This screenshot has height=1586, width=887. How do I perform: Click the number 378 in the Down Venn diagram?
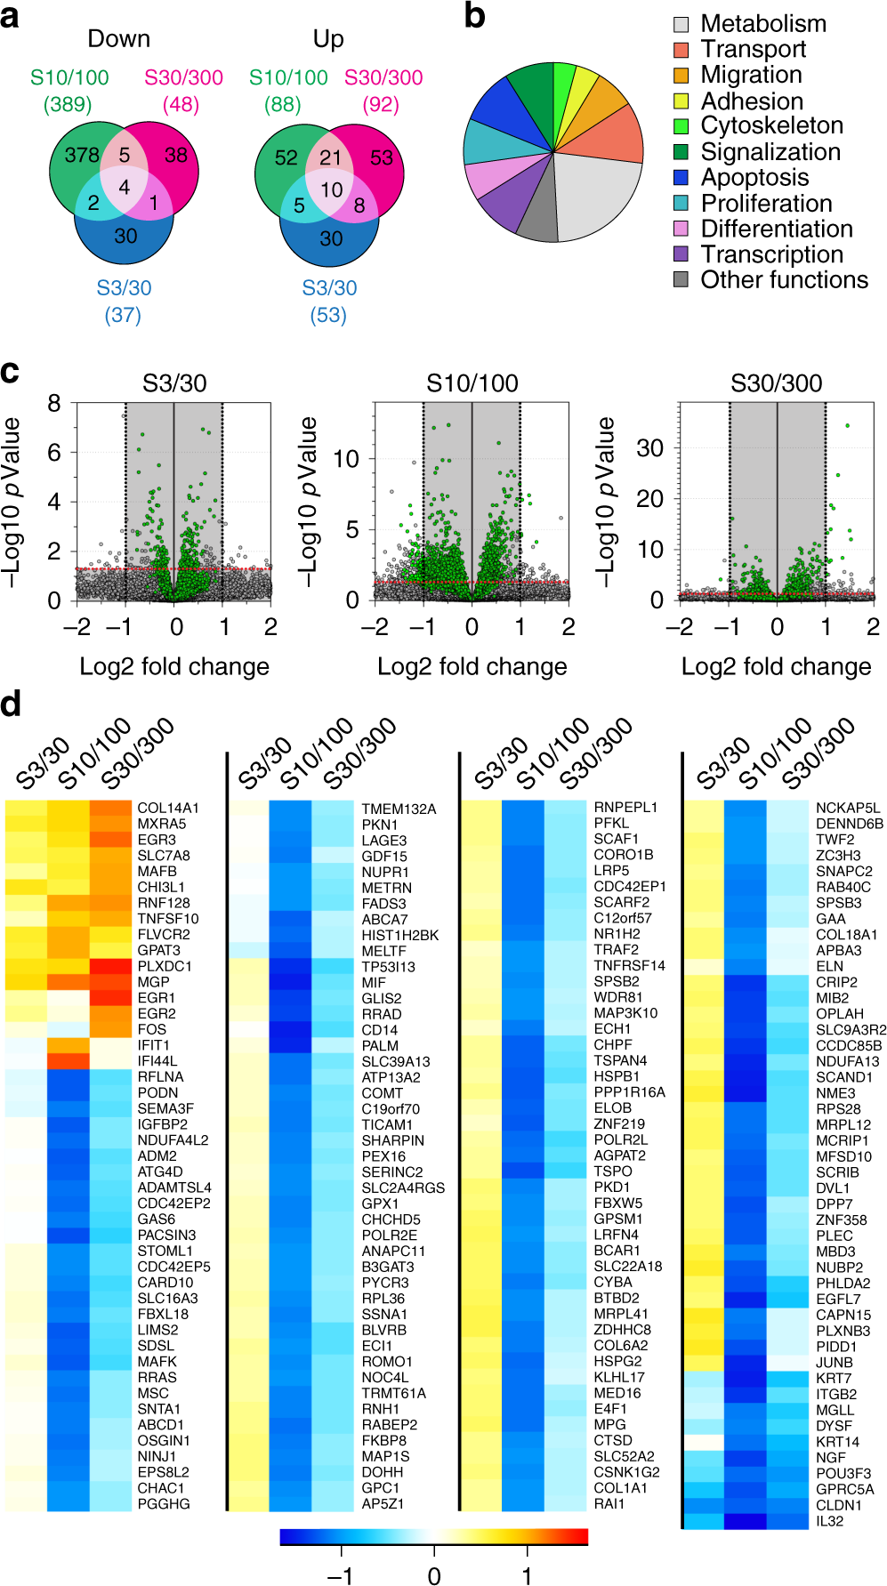pos(82,156)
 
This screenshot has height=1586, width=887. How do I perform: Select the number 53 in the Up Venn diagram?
pos(382,158)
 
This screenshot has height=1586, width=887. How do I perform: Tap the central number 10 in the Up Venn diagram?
pos(332,189)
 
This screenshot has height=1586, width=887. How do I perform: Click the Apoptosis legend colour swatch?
pos(681,178)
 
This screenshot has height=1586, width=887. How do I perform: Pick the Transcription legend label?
pos(771,254)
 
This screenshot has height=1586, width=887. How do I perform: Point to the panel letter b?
pos(475,16)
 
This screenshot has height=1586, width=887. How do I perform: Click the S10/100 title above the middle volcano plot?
pos(472,383)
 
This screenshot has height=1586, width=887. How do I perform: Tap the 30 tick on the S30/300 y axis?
pos(649,448)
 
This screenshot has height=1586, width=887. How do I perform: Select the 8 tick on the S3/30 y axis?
pos(54,404)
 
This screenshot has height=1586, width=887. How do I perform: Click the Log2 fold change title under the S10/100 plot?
pos(472,666)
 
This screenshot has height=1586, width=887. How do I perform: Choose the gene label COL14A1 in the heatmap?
pos(168,808)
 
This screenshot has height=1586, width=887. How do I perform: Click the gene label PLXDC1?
pos(165,966)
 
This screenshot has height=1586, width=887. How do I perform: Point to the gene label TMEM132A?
pos(399,809)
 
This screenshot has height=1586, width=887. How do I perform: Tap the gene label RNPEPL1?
pos(625,808)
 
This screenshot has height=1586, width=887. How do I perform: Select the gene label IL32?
pos(829,1521)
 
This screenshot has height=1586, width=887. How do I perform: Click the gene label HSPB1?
pos(617,1076)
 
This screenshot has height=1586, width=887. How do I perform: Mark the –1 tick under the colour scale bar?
pos(340,1576)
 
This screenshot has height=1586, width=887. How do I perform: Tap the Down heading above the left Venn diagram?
pos(118,38)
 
